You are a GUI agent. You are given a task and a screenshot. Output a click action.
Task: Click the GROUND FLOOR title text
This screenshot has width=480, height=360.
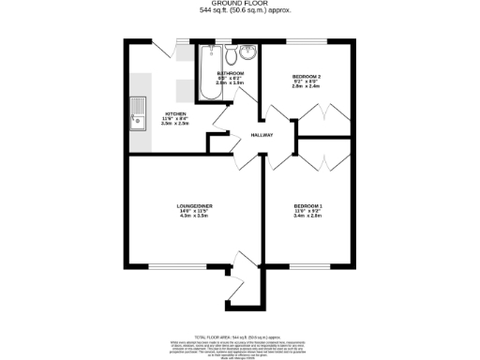pyautogui.click(x=240, y=4)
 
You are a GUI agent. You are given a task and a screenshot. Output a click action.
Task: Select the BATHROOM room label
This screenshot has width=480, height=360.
pyautogui.click(x=231, y=73)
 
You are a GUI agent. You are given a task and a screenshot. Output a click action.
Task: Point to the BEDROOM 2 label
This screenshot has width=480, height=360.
pyautogui.click(x=307, y=74)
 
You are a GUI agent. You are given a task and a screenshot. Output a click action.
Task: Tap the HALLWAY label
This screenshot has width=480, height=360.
pyautogui.click(x=262, y=135)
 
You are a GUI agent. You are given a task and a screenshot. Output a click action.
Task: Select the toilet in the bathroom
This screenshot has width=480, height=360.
pyautogui.click(x=229, y=53)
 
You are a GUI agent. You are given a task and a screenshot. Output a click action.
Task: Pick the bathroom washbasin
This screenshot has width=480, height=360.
pyautogui.click(x=247, y=52)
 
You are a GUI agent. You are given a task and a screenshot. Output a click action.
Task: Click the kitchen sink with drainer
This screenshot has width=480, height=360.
pyautogui.click(x=138, y=112)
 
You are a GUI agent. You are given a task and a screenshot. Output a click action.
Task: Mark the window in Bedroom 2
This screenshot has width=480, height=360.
pyautogui.click(x=307, y=40)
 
